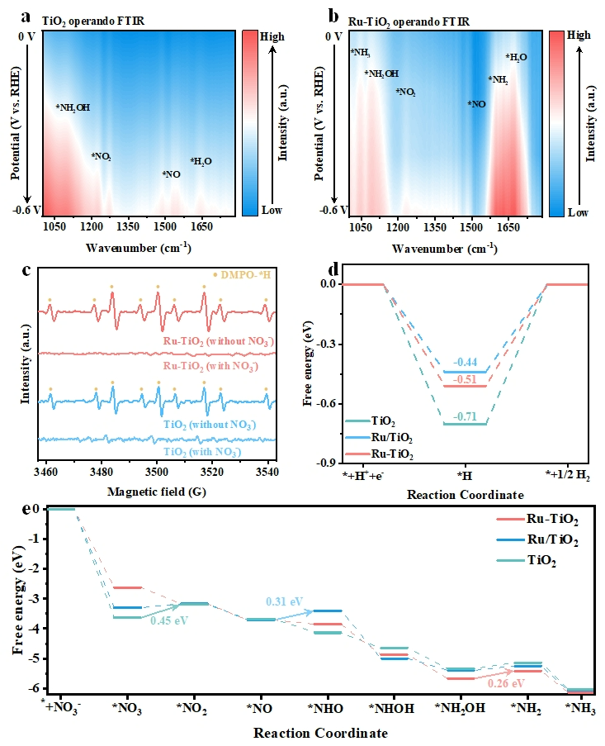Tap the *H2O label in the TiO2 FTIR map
tap(201, 161)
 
